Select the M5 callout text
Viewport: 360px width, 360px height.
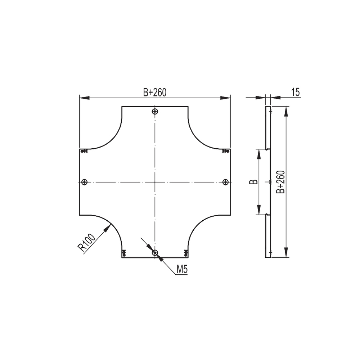pos(182,270)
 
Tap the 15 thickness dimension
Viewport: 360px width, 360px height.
pos(296,92)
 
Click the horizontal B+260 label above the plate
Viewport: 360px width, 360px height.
pos(155,93)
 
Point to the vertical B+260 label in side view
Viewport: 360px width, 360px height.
pos(281,182)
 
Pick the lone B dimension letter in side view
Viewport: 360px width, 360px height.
pos(253,182)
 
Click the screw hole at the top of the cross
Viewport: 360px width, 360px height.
pos(155,112)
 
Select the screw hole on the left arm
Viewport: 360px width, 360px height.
pos(85,182)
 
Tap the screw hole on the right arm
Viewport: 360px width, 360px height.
pos(225,182)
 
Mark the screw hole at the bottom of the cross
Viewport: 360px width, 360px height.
pos(155,253)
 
